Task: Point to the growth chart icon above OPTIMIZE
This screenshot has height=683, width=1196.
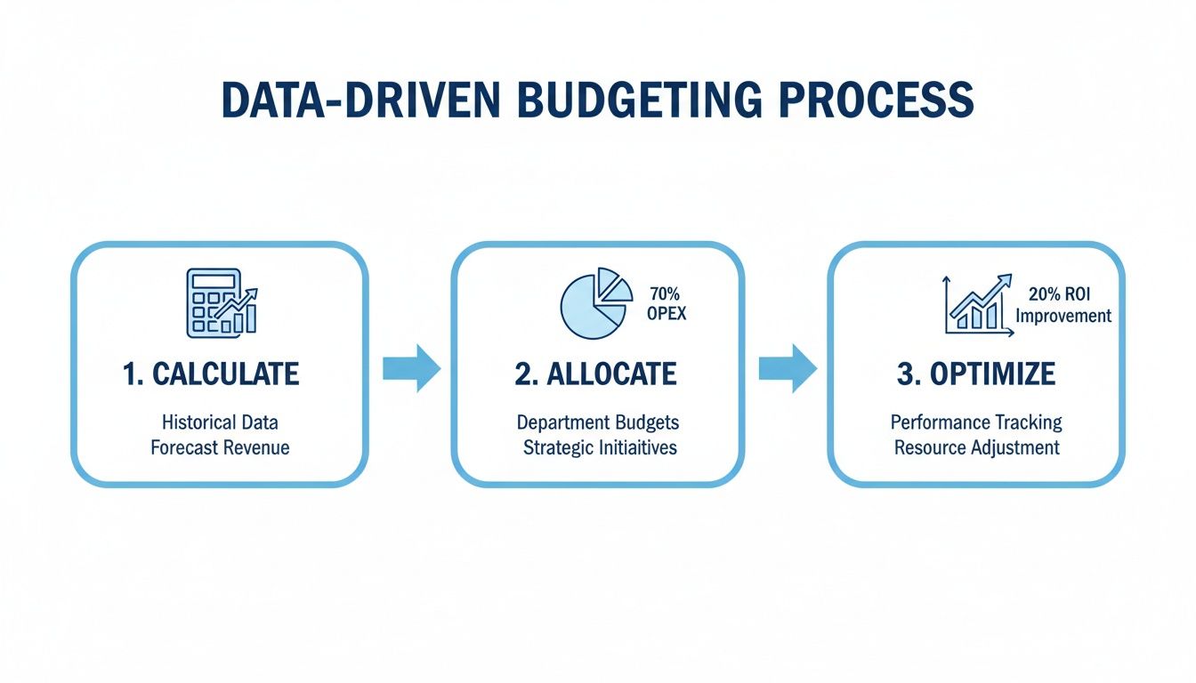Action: click(977, 305)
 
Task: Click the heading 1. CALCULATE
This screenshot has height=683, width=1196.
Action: click(212, 374)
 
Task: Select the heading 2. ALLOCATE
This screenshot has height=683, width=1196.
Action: click(595, 374)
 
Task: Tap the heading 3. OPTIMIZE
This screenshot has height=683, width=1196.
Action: click(976, 374)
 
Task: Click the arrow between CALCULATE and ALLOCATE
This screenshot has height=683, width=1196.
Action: click(411, 368)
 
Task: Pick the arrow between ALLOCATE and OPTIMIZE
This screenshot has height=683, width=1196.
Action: click(787, 368)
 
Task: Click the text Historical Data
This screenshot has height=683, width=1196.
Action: click(220, 422)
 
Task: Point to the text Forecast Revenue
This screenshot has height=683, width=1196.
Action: click(220, 446)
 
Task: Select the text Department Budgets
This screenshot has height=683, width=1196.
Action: click(598, 422)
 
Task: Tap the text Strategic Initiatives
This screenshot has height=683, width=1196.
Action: click(600, 446)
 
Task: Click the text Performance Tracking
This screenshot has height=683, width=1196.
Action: click(976, 422)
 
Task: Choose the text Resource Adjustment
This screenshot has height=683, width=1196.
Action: click(976, 446)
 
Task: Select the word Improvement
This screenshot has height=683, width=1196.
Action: click(1063, 316)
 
